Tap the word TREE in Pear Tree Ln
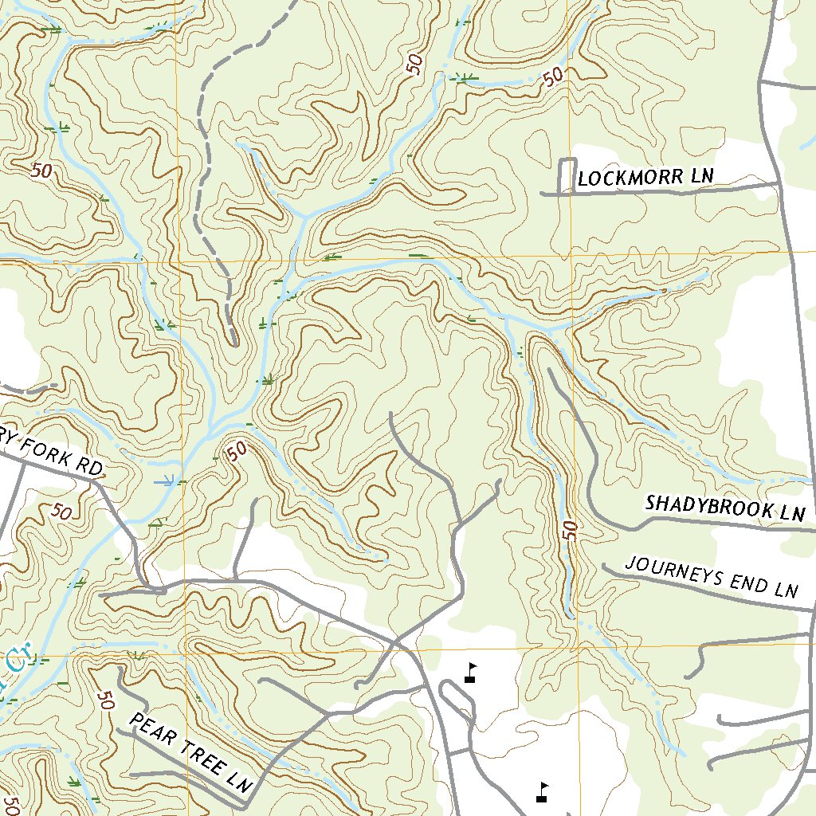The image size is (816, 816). pyautogui.click(x=197, y=756)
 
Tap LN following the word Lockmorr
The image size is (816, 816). pyautogui.click(x=701, y=176)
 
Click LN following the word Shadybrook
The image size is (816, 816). pyautogui.click(x=792, y=514)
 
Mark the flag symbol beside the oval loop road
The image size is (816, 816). pyautogui.click(x=471, y=673)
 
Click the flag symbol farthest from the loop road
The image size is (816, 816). pyautogui.click(x=543, y=792)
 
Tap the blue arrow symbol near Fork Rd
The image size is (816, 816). pyautogui.click(x=166, y=481)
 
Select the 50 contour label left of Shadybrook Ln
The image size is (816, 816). pyautogui.click(x=567, y=530)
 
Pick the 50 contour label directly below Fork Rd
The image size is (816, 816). pyautogui.click(x=61, y=512)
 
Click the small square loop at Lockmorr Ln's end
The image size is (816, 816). pyautogui.click(x=567, y=175)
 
